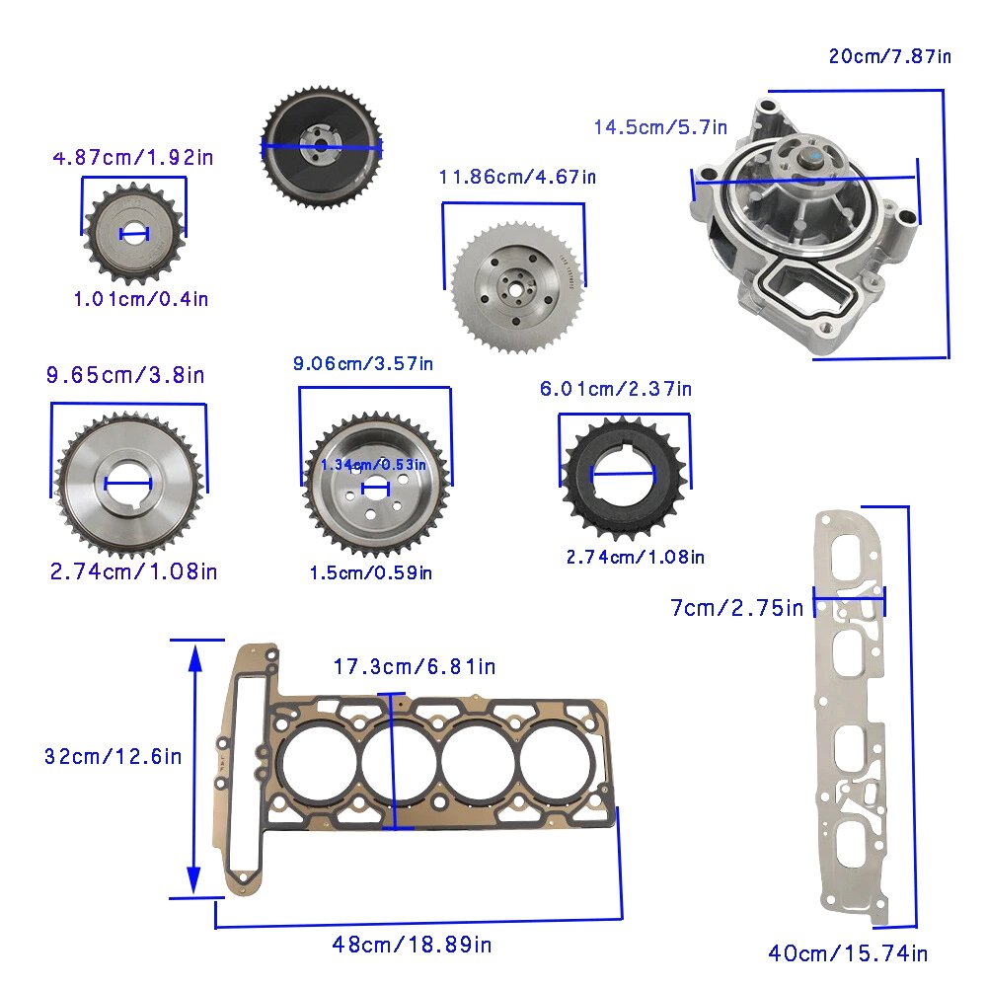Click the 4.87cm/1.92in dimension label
[x=133, y=157]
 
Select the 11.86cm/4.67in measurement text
[x=517, y=177]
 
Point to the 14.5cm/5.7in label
[x=660, y=127]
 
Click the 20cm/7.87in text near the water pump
[x=889, y=56]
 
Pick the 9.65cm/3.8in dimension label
[x=125, y=375]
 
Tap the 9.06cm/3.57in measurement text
[x=363, y=363]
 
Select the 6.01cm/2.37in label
[x=616, y=389]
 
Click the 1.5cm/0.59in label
[x=371, y=572]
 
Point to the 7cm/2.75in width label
[x=737, y=608]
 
